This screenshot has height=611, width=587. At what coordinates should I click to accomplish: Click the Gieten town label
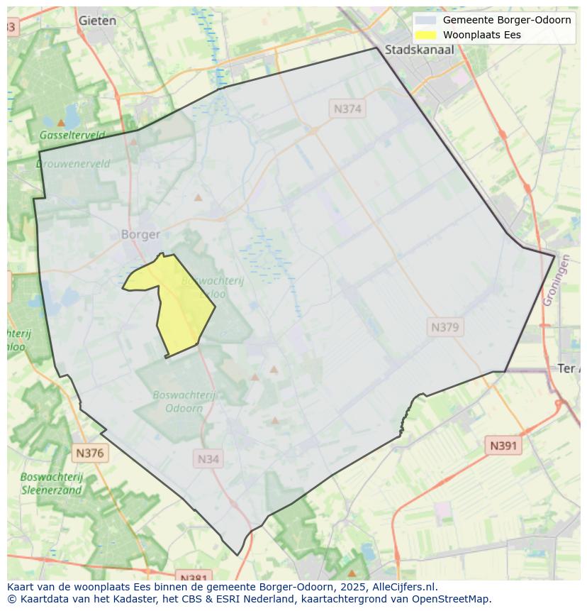click(x=97, y=21)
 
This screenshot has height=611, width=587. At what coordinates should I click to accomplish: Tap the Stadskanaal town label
click(x=419, y=50)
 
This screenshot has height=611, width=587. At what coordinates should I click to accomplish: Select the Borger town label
click(x=140, y=234)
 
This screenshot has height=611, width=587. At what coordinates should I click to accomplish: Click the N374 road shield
click(x=347, y=109)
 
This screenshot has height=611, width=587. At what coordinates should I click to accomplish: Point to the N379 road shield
click(x=445, y=327)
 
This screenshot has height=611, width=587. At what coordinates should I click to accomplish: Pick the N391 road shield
click(x=503, y=446)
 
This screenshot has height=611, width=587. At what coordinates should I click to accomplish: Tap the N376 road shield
click(x=89, y=453)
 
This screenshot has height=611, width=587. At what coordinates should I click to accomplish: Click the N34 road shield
click(x=208, y=459)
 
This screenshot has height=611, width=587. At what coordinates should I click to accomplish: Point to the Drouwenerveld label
click(x=73, y=164)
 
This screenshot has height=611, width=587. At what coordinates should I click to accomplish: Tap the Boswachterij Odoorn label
click(x=184, y=402)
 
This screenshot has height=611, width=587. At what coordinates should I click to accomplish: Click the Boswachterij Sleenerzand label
click(x=52, y=483)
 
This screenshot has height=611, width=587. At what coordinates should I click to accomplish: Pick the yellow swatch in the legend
click(x=425, y=35)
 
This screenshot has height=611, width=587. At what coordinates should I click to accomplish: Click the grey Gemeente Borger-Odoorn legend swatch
click(x=425, y=20)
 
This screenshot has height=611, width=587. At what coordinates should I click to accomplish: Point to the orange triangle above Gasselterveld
click(x=61, y=123)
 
